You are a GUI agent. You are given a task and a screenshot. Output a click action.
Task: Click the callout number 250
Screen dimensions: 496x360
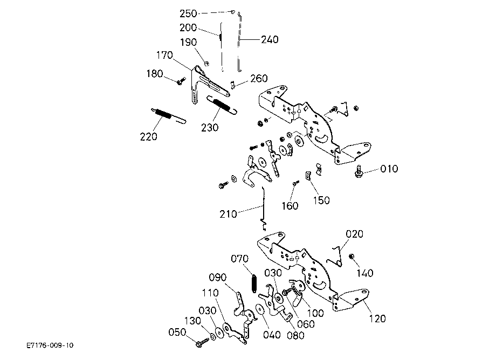pos(188,13)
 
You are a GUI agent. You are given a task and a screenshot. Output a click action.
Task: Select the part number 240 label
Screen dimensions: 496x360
pos(270,39)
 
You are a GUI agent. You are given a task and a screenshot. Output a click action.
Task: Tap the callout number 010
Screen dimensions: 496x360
pos(389,169)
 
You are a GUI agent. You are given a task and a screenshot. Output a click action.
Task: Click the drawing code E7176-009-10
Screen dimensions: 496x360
pos(50,345)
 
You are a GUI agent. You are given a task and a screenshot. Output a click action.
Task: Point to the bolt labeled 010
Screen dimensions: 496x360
pos(359,171)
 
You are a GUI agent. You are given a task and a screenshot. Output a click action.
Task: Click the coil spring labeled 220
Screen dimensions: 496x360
pos(168,115)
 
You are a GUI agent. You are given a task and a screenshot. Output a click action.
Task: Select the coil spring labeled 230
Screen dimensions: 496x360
pos(222,105)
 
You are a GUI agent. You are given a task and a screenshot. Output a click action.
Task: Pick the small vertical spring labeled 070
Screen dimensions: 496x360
pos(253,282)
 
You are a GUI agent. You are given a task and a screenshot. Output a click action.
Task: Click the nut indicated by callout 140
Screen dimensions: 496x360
pos(351,257)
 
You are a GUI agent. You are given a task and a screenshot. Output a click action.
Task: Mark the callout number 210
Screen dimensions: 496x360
pos(229,214)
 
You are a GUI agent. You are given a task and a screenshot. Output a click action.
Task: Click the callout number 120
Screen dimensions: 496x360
pos(377,319)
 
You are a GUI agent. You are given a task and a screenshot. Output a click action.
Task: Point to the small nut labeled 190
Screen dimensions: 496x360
pos(207,64)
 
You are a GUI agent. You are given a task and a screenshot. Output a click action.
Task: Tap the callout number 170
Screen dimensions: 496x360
pos(164,56)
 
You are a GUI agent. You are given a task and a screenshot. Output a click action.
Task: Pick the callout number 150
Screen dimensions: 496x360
pos(321,200)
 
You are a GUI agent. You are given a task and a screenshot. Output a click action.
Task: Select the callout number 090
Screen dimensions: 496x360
pos(218,278)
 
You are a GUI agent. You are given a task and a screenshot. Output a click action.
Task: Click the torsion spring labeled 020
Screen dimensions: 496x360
pos(335,257)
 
